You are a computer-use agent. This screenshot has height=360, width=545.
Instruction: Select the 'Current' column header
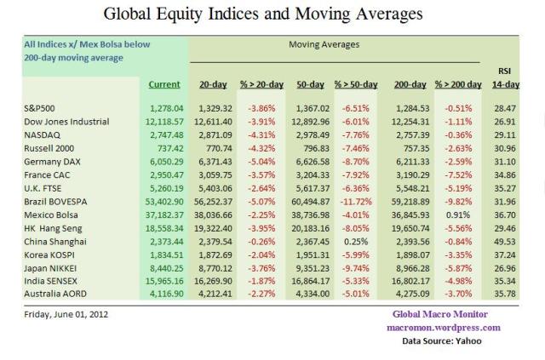click(x=164, y=84)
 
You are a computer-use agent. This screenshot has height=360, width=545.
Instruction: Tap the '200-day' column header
click(x=412, y=84)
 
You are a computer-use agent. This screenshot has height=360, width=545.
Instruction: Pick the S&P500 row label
click(x=40, y=109)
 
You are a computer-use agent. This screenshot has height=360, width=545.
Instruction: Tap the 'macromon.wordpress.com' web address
click(x=445, y=327)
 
